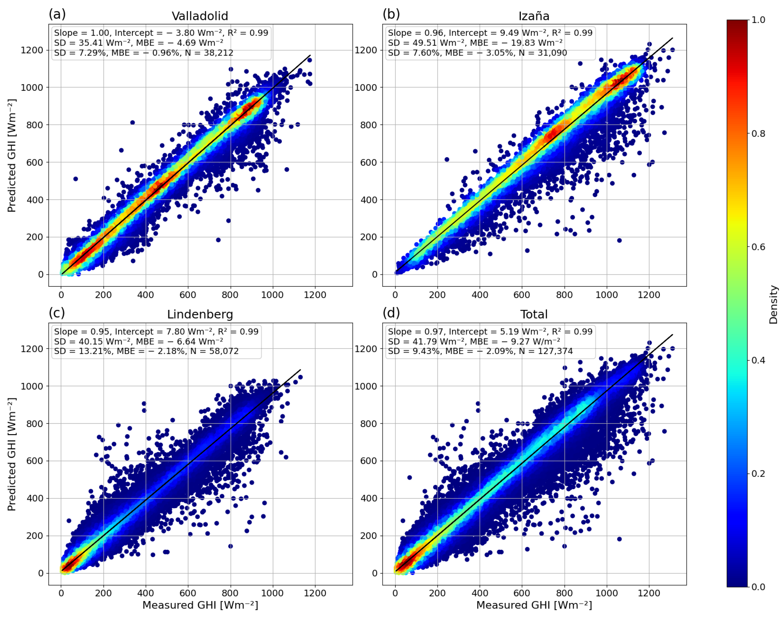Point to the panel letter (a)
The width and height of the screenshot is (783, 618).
tap(57, 14)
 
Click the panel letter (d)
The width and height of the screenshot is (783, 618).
tap(391, 313)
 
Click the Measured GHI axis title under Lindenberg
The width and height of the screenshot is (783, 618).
tap(200, 605)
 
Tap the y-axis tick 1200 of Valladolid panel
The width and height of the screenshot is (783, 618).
tap(32, 50)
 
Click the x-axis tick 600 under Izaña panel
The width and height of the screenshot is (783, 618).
tap(522, 295)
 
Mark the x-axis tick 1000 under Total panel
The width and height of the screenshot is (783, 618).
tap(607, 593)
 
